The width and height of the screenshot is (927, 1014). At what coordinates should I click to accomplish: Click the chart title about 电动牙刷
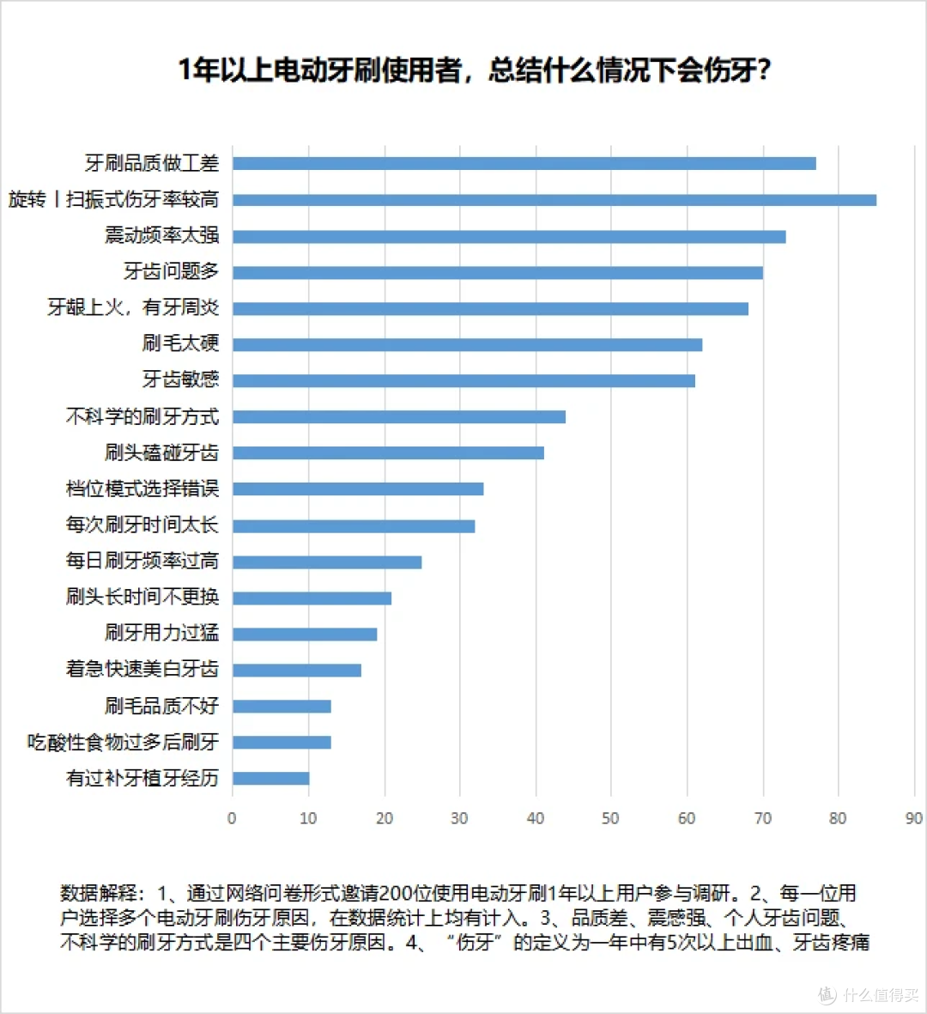tap(475, 70)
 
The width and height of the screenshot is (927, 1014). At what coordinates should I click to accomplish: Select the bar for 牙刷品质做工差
tap(524, 163)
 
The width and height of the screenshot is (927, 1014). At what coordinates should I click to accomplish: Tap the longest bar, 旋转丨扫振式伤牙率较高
tap(554, 200)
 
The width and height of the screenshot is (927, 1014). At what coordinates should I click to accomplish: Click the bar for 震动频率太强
tap(509, 236)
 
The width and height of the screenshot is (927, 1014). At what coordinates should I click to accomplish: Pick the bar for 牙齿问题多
tap(498, 272)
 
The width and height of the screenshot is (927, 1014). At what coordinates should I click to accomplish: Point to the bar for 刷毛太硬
tap(467, 344)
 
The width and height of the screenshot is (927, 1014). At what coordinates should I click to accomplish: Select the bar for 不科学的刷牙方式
tap(399, 416)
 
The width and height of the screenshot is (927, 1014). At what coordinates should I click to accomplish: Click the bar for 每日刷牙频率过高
tap(327, 562)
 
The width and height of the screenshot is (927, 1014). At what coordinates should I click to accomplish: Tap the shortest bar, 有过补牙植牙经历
tap(270, 778)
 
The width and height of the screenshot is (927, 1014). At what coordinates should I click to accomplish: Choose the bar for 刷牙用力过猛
tap(305, 634)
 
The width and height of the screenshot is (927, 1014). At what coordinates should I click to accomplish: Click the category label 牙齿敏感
tap(180, 379)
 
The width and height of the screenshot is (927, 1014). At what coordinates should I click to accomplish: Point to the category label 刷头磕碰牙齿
tap(161, 452)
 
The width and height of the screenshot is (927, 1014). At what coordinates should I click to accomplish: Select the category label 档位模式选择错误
tap(142, 489)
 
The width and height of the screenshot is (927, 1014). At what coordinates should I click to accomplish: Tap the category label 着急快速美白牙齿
tap(142, 669)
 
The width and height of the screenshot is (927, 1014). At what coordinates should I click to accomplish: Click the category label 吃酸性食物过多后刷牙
tap(123, 742)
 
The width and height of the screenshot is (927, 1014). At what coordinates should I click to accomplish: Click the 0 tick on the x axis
tap(232, 818)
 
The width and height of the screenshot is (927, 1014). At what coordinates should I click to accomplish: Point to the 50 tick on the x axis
tap(610, 818)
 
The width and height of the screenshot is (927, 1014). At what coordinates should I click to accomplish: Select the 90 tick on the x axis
tap(913, 818)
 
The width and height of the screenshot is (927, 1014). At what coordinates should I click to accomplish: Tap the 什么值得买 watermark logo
tap(868, 994)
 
